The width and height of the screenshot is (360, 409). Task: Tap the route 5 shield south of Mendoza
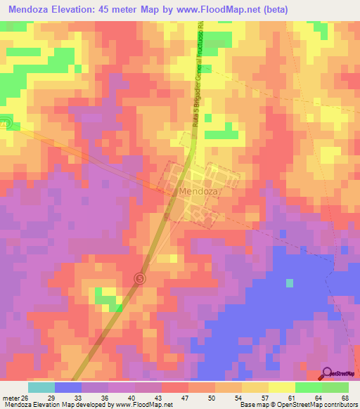[140, 279]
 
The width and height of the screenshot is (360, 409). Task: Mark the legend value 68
[345, 398]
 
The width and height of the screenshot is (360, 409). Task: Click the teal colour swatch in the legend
[41, 387]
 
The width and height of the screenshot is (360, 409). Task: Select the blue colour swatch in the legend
[68, 387]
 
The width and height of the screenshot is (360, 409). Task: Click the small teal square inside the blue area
[290, 283]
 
